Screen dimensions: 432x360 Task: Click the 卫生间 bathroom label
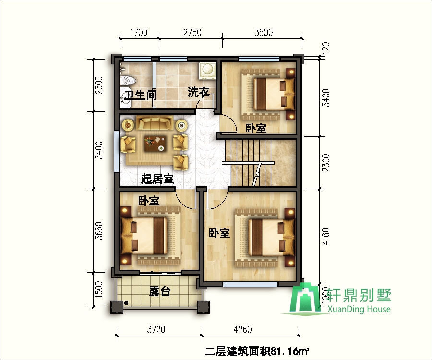click(141, 95)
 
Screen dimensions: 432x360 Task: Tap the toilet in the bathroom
click(128, 80)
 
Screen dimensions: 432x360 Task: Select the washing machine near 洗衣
click(207, 70)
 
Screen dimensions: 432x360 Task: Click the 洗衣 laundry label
click(198, 92)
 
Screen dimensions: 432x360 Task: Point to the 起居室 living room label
click(157, 179)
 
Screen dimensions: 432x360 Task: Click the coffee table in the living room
click(155, 144)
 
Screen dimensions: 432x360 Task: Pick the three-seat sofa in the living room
click(154, 123)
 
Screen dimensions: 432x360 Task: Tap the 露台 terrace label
click(160, 291)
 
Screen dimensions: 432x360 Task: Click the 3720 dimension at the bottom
click(156, 329)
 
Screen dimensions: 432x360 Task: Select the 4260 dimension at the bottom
click(242, 329)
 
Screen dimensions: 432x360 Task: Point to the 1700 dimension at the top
click(138, 33)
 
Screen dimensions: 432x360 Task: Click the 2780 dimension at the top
click(192, 33)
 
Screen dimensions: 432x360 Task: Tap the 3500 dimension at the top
click(264, 33)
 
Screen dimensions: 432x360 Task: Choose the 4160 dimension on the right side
click(325, 236)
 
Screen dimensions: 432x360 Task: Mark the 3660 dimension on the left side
click(98, 231)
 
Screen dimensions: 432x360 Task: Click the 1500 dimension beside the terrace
click(98, 289)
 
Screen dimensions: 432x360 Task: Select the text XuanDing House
click(359, 309)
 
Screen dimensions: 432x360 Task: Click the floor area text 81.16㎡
click(289, 351)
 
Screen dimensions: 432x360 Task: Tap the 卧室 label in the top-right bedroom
click(256, 128)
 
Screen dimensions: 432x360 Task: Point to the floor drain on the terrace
click(126, 303)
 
